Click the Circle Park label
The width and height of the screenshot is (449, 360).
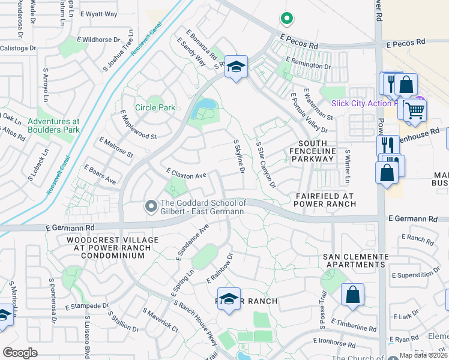[x=155, y=108]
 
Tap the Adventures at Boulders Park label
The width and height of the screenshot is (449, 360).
[x=53, y=125]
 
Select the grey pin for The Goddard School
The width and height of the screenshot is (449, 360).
[x=151, y=207]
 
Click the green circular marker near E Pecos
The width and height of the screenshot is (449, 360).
[x=287, y=19]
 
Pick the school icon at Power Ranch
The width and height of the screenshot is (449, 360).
[x=229, y=299]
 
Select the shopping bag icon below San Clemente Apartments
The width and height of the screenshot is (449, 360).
[x=352, y=295]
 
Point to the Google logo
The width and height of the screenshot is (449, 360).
[x=20, y=352]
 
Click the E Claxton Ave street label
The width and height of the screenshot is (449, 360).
[x=186, y=174]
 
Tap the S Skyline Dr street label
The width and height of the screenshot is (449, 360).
[x=238, y=157]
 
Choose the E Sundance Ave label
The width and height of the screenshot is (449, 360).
[x=192, y=242]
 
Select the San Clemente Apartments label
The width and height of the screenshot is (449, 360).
[x=355, y=260]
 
